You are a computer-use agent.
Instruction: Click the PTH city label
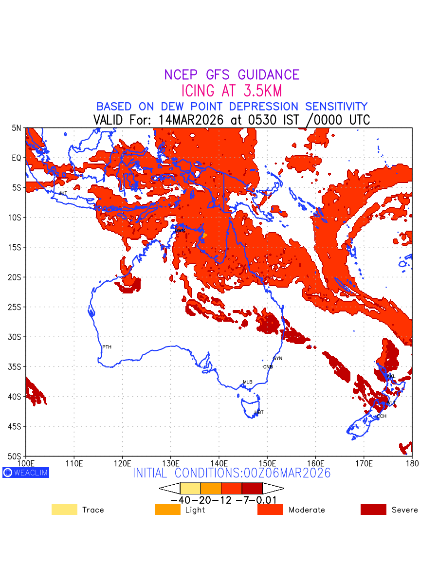click(107, 347)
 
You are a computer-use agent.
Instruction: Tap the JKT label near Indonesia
click(63, 194)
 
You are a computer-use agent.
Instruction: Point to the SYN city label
click(277, 359)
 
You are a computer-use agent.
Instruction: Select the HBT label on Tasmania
click(259, 413)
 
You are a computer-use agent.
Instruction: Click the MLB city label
click(248, 382)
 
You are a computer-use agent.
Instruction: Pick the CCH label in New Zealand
click(382, 417)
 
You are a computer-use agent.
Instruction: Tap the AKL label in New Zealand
click(391, 377)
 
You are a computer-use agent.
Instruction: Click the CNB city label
click(268, 367)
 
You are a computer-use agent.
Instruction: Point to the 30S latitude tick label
click(16, 337)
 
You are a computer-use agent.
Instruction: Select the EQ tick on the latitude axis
click(17, 158)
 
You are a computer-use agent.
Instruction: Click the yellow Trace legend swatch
click(64, 510)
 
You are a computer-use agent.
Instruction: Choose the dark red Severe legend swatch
click(373, 510)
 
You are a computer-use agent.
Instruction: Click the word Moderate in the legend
click(307, 510)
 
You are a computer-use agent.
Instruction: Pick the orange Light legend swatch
click(167, 510)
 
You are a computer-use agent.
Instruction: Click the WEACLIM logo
click(26, 473)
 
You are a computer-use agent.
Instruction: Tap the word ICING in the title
click(198, 91)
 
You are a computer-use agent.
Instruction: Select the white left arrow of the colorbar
click(170, 488)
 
